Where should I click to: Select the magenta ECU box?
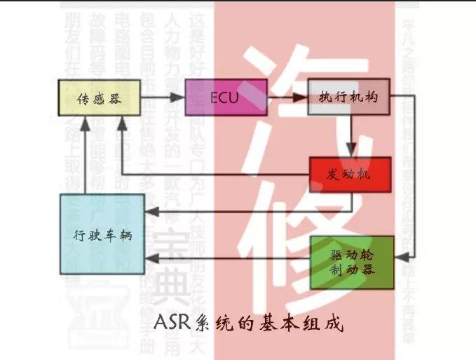pos(225,98)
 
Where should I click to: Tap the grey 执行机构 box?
pos(348,97)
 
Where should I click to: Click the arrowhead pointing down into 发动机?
pos(353,150)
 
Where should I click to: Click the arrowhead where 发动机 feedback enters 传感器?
pos(121,124)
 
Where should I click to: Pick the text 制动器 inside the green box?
pos(352,269)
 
